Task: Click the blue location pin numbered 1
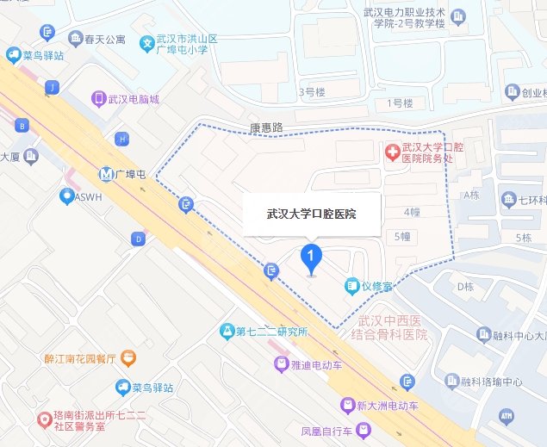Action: [x=310, y=257]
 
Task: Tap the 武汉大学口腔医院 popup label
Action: [x=311, y=212]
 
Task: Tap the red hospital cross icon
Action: [x=392, y=152]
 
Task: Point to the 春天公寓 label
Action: [x=104, y=40]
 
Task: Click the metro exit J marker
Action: [x=54, y=87]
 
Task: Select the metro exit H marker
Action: [x=123, y=139]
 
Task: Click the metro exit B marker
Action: [x=21, y=126]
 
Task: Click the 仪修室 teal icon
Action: [x=351, y=285]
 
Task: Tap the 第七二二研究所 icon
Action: [x=227, y=331]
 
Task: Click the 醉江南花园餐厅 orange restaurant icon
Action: [x=127, y=356]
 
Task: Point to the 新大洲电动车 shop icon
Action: [x=347, y=405]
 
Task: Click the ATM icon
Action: [x=506, y=415]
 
